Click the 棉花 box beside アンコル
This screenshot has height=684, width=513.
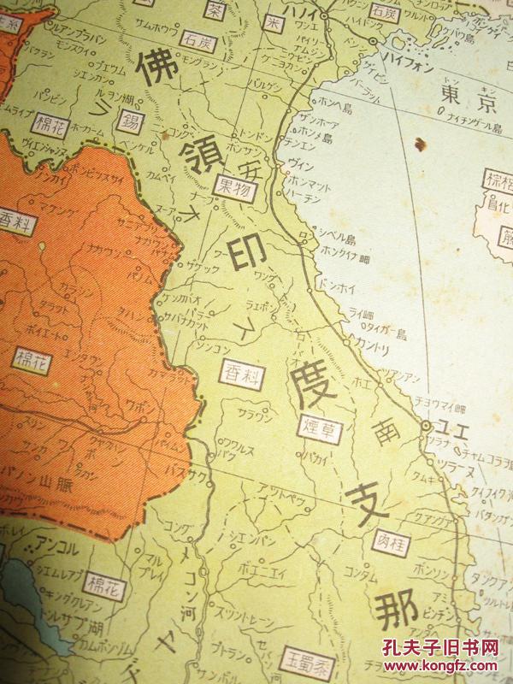tap(107, 585)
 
